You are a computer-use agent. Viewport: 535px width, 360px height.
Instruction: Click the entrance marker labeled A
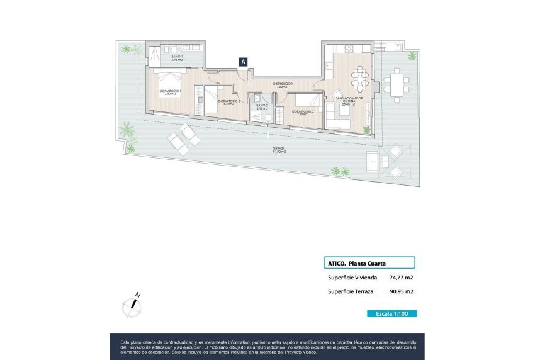(243, 62)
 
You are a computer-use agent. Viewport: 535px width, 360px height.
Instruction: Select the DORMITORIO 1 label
(170, 93)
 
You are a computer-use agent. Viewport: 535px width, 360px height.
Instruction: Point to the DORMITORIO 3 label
(229, 102)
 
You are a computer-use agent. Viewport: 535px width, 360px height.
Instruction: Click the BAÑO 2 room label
(262, 107)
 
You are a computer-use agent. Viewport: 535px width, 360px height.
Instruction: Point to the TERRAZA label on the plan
(279, 150)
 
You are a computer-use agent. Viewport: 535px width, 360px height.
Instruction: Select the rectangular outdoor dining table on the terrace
(397, 86)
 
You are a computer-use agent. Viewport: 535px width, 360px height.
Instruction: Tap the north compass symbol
(132, 305)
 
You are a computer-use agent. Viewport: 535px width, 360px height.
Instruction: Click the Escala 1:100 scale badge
(391, 313)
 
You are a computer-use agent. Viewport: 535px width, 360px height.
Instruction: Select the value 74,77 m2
(401, 278)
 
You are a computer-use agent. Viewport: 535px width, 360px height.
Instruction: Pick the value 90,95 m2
(401, 291)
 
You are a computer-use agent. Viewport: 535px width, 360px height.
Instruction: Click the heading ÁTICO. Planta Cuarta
(358, 263)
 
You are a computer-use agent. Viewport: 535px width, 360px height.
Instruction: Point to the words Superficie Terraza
(351, 291)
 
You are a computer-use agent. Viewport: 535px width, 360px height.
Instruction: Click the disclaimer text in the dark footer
(267, 346)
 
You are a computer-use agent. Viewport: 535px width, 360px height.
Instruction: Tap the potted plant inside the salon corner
(366, 130)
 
